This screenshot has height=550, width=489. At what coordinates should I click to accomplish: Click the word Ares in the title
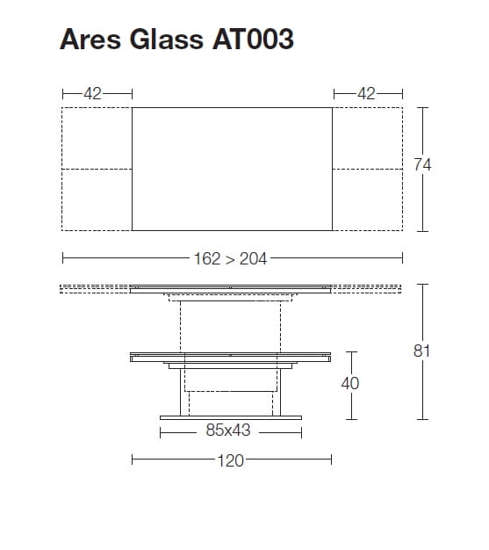coord(90,39)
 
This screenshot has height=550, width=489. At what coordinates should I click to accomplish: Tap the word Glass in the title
coord(167,39)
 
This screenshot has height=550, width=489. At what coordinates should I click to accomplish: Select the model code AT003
coord(253,39)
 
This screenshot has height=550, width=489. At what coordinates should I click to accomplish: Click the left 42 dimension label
coord(92,94)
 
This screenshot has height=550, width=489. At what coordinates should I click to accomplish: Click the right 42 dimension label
coord(366,94)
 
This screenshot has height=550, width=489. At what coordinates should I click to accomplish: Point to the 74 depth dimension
coord(422,165)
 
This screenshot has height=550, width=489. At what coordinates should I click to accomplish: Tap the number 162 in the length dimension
coord(207,259)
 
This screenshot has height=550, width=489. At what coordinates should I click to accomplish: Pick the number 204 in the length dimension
coord(253,259)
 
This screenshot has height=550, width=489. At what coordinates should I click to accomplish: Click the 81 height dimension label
coord(421,351)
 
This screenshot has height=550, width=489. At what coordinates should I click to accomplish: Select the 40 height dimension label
coord(350,383)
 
